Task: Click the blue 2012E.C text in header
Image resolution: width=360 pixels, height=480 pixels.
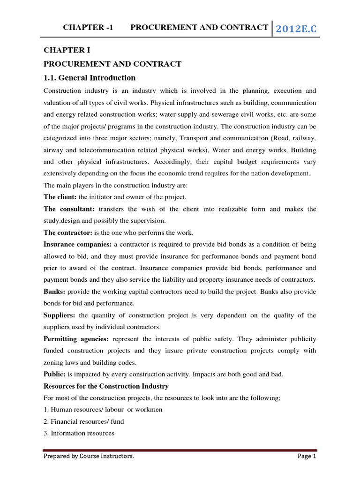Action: pyautogui.click(x=296, y=29)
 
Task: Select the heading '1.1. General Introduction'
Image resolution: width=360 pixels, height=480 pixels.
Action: pyautogui.click(x=90, y=78)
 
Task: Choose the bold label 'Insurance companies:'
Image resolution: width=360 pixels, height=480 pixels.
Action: pyautogui.click(x=77, y=244)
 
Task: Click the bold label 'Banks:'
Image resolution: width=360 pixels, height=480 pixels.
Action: pyautogui.click(x=54, y=292)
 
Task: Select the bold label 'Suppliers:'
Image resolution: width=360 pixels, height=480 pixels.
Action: pyautogui.click(x=60, y=315)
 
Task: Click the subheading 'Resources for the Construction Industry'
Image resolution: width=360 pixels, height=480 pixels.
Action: pyautogui.click(x=106, y=386)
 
